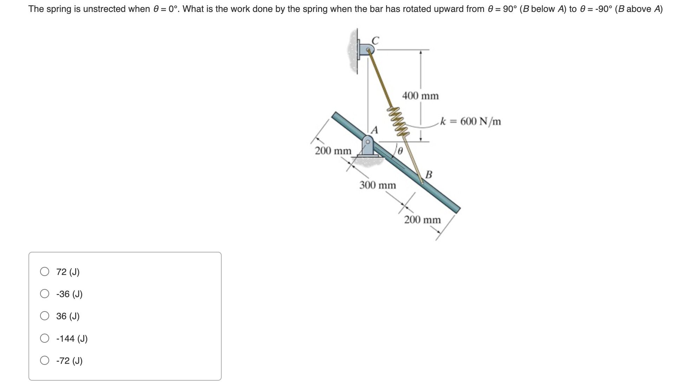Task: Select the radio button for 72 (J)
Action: click(x=45, y=271)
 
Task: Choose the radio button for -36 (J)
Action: click(x=45, y=294)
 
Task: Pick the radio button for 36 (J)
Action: click(x=45, y=316)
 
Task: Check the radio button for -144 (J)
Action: click(x=45, y=338)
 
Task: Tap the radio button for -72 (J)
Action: click(x=45, y=360)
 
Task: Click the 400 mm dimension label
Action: click(x=420, y=96)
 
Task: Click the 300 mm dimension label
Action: click(x=377, y=185)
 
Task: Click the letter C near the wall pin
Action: click(x=375, y=41)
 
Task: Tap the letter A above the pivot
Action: click(x=375, y=130)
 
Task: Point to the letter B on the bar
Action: click(x=429, y=174)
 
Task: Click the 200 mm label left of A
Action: click(x=333, y=151)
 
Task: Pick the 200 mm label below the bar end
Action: click(x=422, y=220)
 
